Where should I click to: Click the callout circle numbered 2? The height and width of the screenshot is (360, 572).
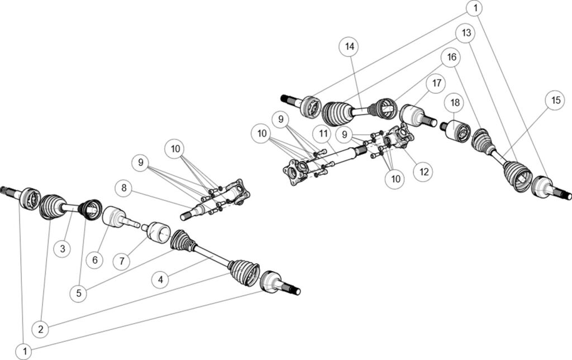(40, 329)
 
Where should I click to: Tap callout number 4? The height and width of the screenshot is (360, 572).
(160, 278)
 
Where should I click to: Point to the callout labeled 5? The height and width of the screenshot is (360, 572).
(79, 292)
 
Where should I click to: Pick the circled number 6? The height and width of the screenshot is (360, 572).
(95, 260)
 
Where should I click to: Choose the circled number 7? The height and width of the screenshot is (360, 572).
(122, 260)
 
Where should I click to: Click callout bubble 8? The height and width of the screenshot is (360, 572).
(125, 188)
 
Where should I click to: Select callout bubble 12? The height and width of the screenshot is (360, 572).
(422, 172)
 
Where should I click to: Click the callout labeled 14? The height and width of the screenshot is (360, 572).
(350, 48)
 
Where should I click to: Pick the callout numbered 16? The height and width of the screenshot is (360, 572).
(451, 57)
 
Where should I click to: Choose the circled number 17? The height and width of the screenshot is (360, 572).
(436, 83)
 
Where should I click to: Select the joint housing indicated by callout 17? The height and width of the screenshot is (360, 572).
(413, 115)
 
